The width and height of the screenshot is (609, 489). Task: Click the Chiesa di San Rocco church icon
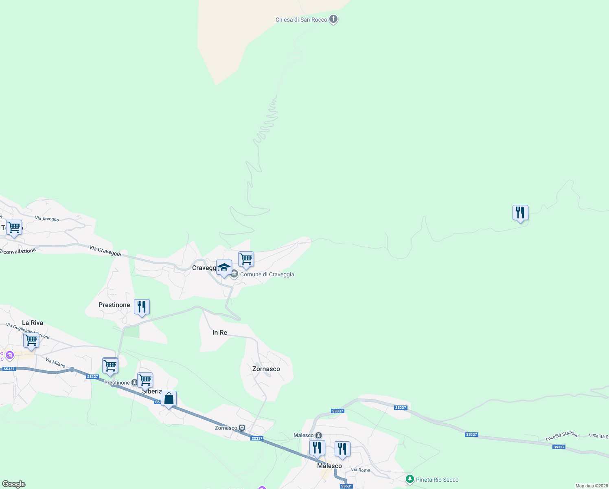point(333,19)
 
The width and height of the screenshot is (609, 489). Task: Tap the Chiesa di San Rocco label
point(301,20)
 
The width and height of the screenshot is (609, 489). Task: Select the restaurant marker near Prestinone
point(142,307)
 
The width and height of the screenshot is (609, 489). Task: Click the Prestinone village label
point(114,305)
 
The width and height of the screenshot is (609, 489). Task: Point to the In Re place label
point(220,333)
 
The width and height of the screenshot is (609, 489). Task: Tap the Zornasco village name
point(266,369)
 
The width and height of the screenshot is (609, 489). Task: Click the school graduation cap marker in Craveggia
point(224,268)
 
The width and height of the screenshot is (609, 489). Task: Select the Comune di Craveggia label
point(267,274)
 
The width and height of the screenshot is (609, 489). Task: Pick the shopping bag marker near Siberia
point(169,399)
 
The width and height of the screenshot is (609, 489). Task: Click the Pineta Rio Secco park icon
point(410,479)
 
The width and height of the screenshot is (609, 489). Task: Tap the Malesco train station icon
point(319,435)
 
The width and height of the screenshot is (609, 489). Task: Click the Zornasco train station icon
point(242,428)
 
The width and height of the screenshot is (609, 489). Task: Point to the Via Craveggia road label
point(105,251)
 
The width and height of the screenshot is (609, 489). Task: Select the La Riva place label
point(33,323)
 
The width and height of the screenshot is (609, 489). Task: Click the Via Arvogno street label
point(47,219)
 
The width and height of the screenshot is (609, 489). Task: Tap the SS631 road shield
point(346,486)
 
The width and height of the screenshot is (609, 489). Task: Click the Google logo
point(14,484)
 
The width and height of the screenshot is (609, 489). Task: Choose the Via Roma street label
point(361,470)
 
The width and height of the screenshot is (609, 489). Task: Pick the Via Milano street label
point(55,363)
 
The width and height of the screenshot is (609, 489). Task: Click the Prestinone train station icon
point(134,383)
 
